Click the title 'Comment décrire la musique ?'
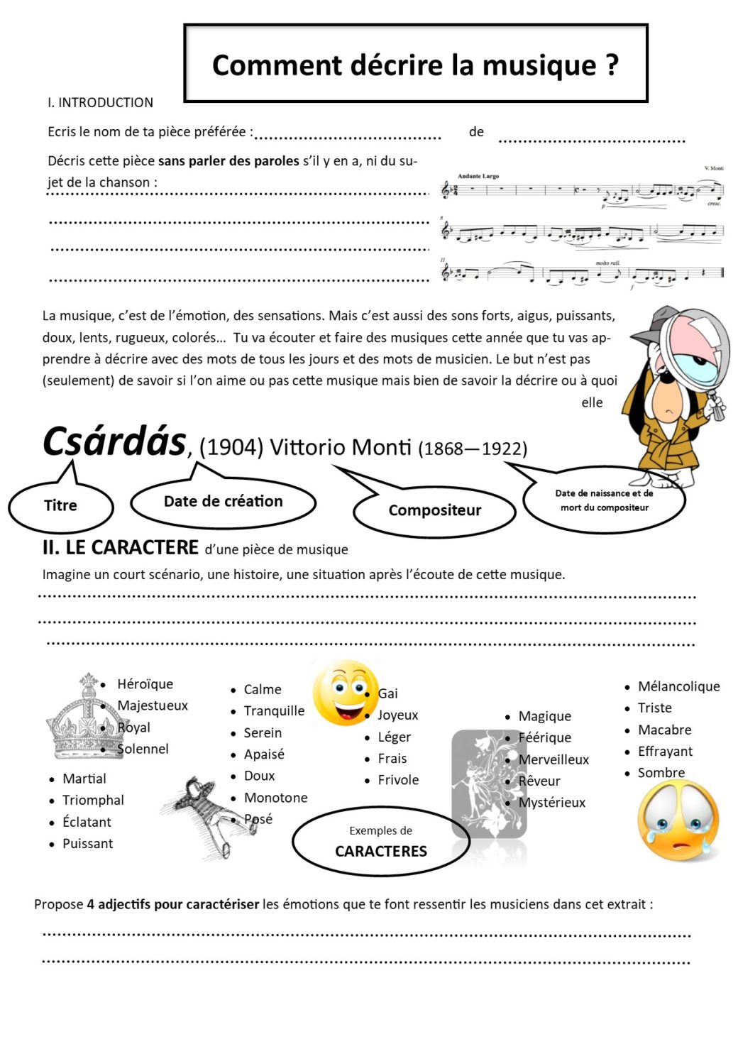click(x=415, y=65)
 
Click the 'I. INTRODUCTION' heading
click(x=100, y=102)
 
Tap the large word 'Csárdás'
click(x=114, y=441)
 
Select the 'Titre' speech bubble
click(x=60, y=505)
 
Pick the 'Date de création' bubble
click(x=223, y=502)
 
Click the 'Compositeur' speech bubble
click(x=434, y=510)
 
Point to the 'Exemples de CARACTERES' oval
click(x=381, y=842)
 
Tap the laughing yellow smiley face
click(x=345, y=693)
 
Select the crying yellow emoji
click(x=678, y=820)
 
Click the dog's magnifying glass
click(x=693, y=348)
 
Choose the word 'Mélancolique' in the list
click(x=678, y=686)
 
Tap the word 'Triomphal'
click(x=93, y=800)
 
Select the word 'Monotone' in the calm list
click(x=275, y=798)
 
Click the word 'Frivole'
click(x=398, y=780)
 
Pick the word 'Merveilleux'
click(x=553, y=759)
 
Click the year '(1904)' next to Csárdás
click(x=231, y=447)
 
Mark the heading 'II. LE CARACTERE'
click(x=121, y=548)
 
